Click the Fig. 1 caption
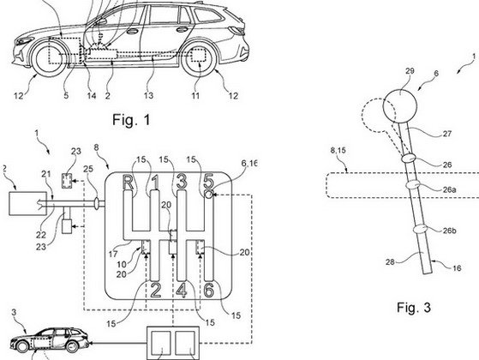(131, 119)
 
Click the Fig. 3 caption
(414, 307)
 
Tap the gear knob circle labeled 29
(400, 105)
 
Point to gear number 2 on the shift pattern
(156, 290)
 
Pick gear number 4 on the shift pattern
(182, 290)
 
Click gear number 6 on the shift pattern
(209, 290)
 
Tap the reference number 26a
(449, 189)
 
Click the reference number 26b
(449, 231)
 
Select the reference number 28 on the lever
(390, 262)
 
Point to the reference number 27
(446, 134)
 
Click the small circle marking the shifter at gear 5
(209, 194)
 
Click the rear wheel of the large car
(199, 59)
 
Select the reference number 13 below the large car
(148, 95)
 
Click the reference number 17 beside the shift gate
(113, 254)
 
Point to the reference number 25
(88, 169)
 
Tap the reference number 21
(46, 174)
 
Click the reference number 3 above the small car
(14, 312)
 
